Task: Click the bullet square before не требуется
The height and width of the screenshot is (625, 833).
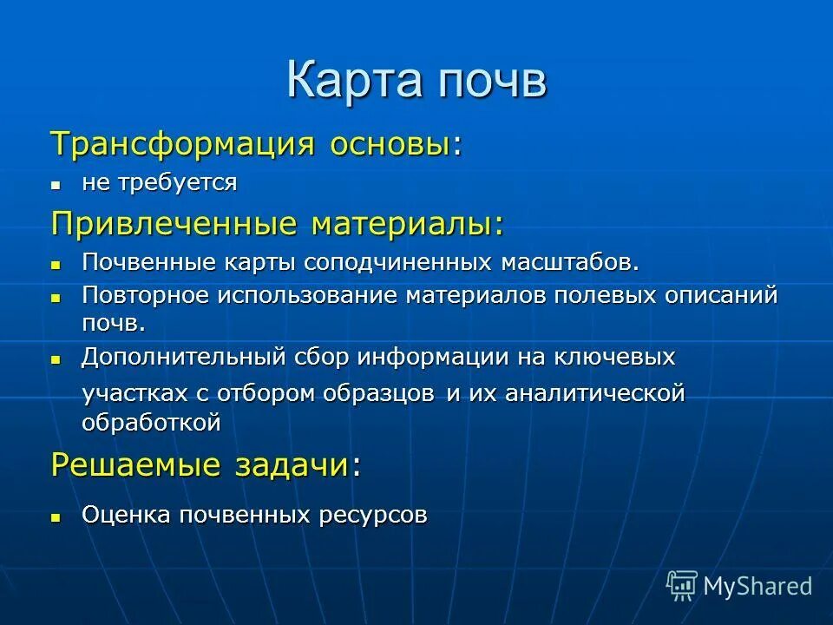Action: click(56, 185)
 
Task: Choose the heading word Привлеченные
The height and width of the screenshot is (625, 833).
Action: click(174, 224)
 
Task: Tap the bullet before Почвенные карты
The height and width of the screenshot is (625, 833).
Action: click(56, 263)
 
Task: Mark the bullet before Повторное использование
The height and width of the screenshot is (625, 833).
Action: click(56, 297)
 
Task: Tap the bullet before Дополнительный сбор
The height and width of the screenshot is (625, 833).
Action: click(56, 359)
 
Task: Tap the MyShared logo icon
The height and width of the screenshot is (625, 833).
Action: click(681, 585)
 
